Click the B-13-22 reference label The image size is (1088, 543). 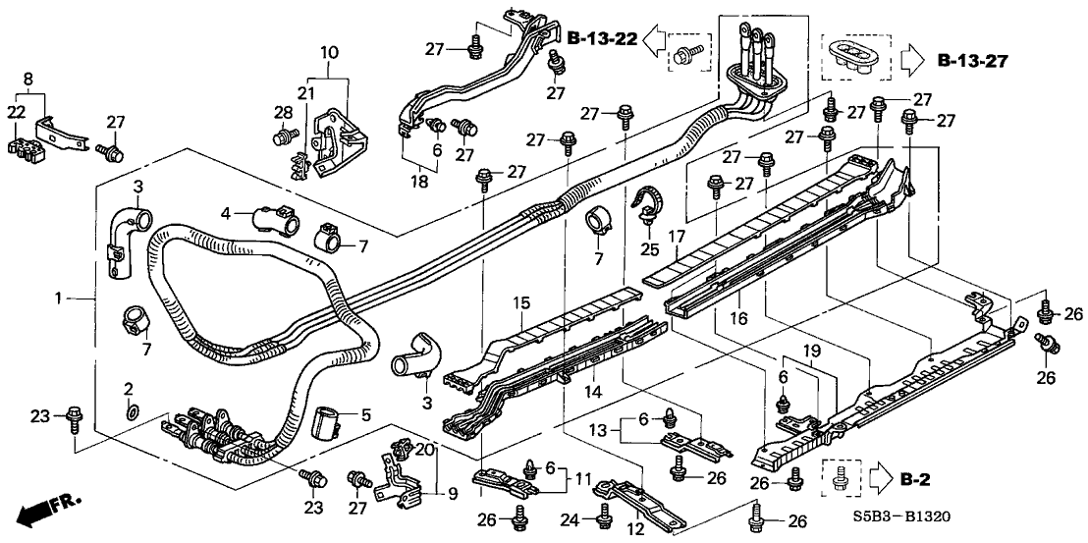pos(601,38)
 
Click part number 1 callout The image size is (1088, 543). pos(59,298)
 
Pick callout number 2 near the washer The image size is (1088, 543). pos(128,389)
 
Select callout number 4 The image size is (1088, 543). pos(226,212)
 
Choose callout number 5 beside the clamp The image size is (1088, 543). pos(365,415)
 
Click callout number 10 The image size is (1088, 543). pos(329,51)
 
